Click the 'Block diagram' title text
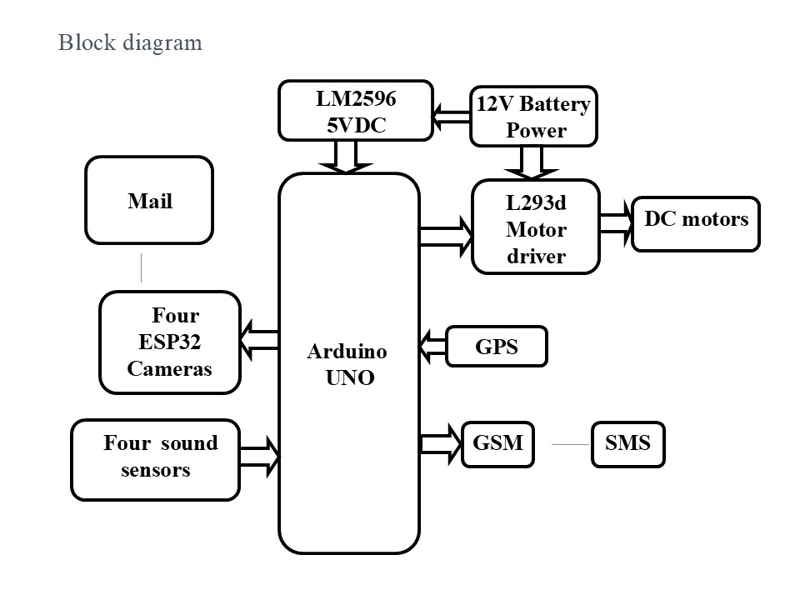(x=130, y=42)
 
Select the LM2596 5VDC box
(x=356, y=110)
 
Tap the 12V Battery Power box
(x=534, y=117)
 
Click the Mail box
(x=149, y=200)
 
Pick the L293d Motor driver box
(x=536, y=227)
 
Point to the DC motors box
(x=696, y=224)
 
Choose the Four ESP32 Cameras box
(x=170, y=342)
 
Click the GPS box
(x=497, y=347)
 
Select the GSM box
(x=497, y=443)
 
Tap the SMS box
(x=627, y=444)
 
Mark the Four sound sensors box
(x=156, y=459)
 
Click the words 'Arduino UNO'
(x=348, y=364)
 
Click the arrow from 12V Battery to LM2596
(x=452, y=117)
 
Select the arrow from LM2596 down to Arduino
(x=346, y=157)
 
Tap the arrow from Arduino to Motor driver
(x=445, y=235)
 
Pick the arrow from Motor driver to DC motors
(x=616, y=224)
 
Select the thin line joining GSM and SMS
(x=571, y=444)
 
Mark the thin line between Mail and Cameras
(x=141, y=267)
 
